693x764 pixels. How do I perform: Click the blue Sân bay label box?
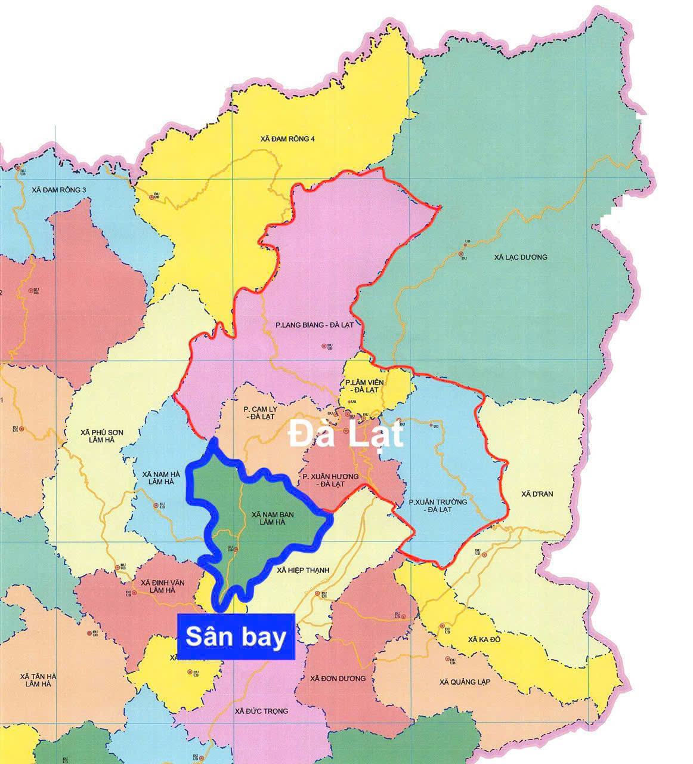point(236,637)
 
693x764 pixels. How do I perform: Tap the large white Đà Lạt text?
point(346,434)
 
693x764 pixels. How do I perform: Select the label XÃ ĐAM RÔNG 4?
point(287,139)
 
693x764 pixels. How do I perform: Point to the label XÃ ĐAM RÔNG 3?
point(60,190)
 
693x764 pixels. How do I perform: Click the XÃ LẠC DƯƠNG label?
point(521,257)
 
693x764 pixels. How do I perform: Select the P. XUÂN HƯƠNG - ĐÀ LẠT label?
point(330,480)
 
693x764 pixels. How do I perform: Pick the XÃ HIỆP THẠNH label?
point(304,571)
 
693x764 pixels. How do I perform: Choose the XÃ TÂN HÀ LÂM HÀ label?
point(38,680)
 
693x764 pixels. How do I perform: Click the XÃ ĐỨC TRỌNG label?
point(262,711)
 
